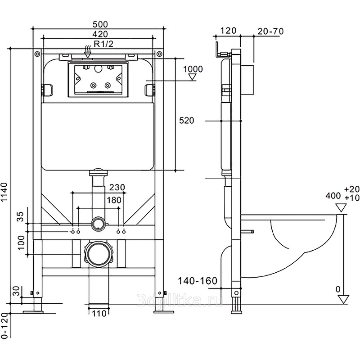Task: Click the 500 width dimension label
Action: tap(99, 24)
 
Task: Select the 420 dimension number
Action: tap(99, 34)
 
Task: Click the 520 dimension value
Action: tap(186, 121)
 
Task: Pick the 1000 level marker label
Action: tap(193, 69)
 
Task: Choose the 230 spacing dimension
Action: tap(117, 188)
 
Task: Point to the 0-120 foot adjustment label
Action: tap(4, 326)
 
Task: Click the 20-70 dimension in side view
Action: tap(270, 31)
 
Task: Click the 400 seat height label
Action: tap(333, 196)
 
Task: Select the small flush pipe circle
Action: tap(98, 223)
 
